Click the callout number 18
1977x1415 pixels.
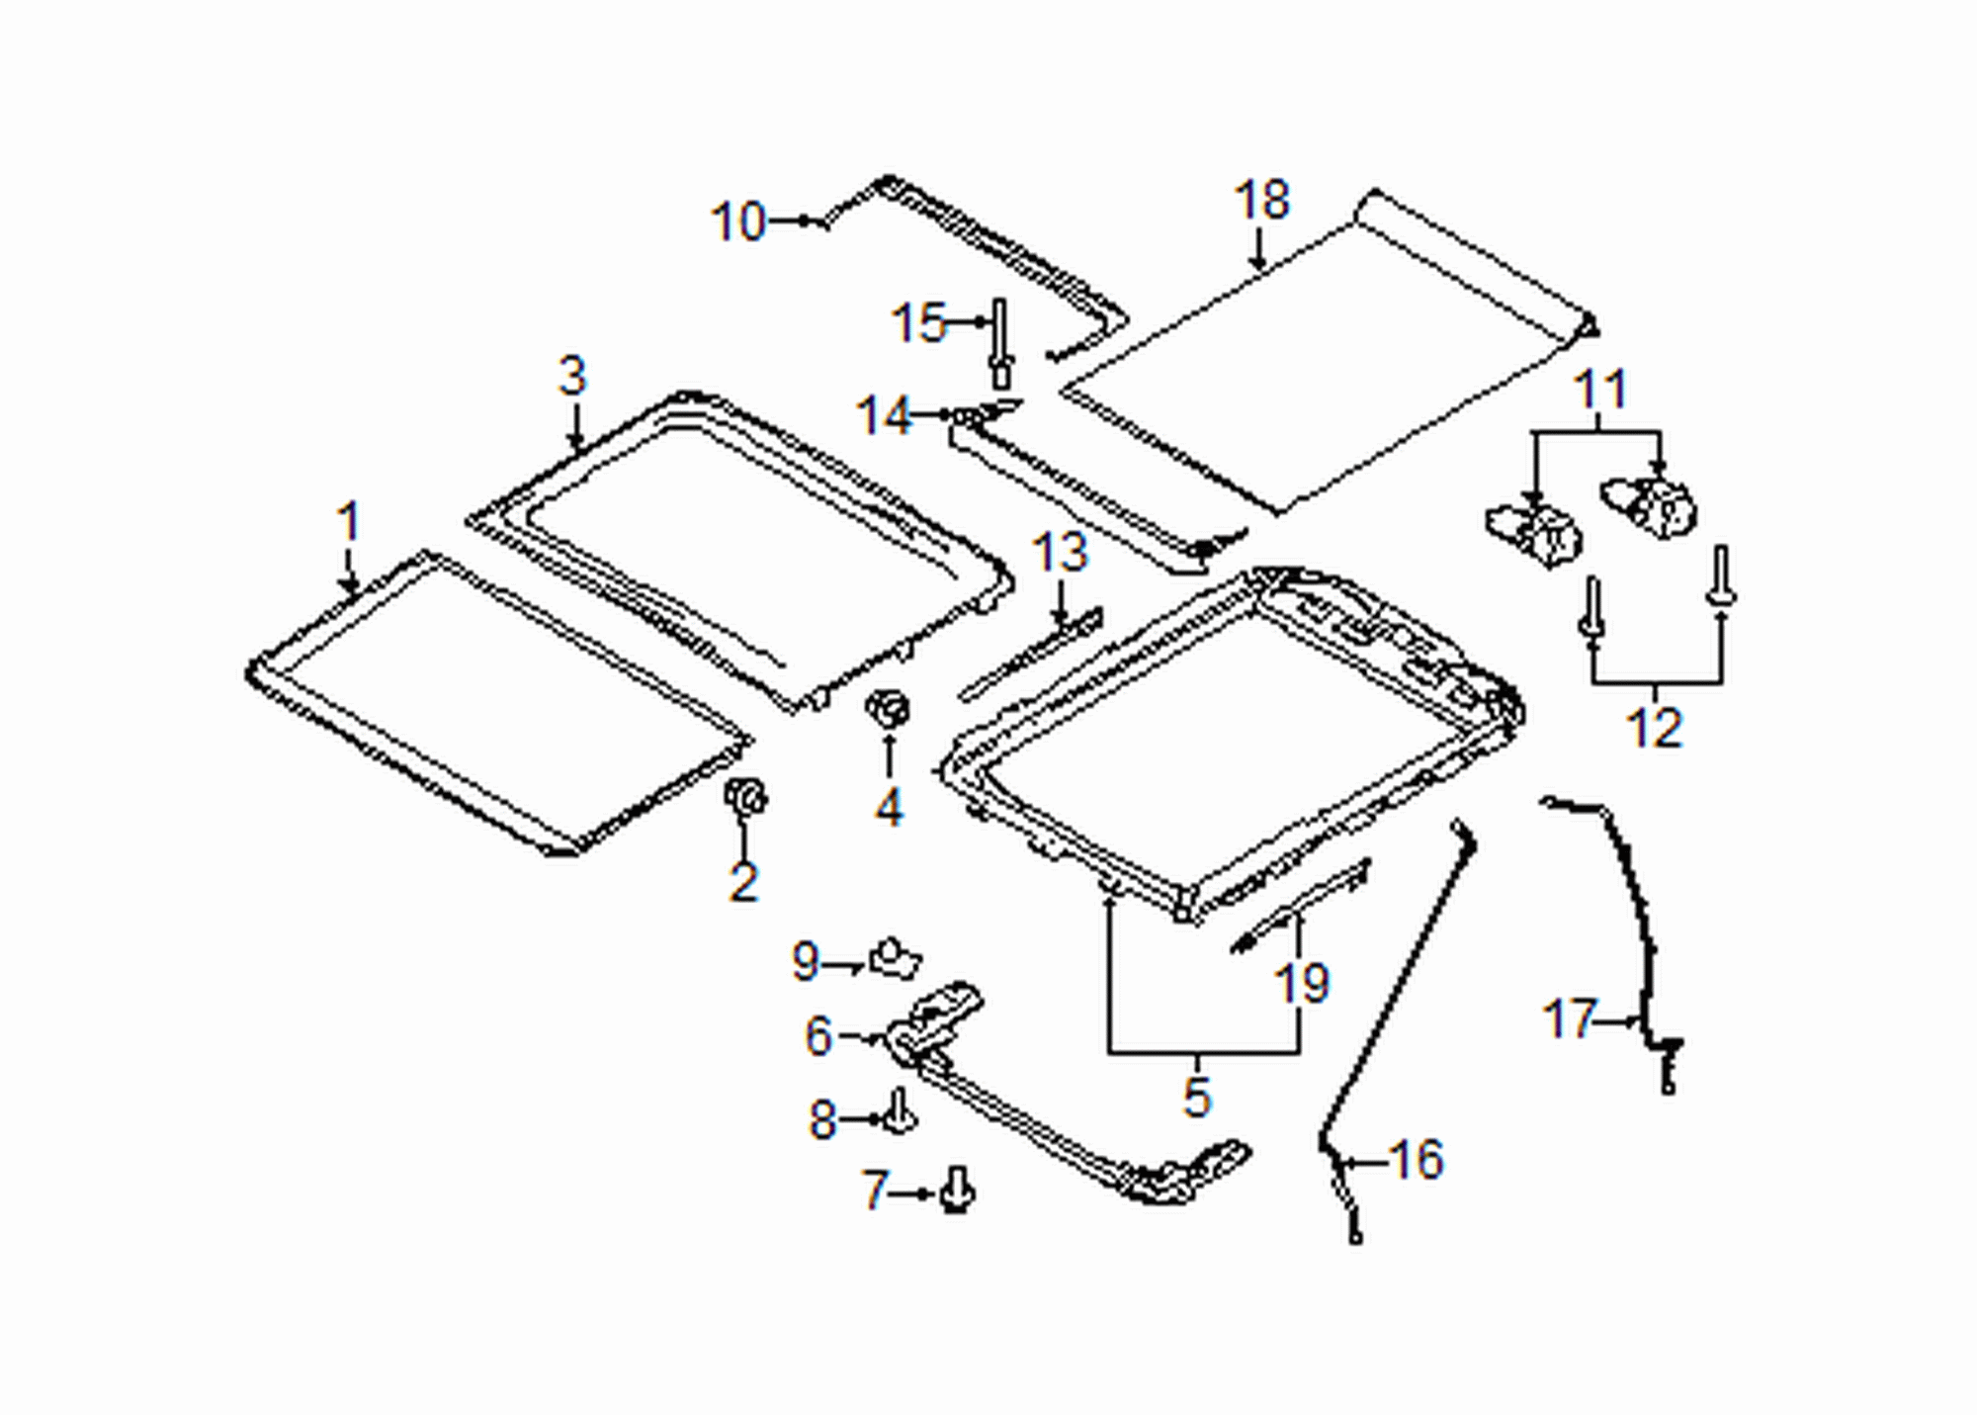[x=1261, y=200]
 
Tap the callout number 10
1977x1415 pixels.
[x=738, y=221]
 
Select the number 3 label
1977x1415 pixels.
[x=572, y=376]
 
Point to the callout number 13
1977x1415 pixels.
[x=1060, y=552]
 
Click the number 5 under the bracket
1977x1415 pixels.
[x=1196, y=1097]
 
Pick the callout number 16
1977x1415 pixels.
[x=1417, y=1159]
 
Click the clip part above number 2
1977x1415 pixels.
[x=745, y=796]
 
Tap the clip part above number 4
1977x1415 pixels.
[x=888, y=709]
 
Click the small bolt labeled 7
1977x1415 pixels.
[x=956, y=1189]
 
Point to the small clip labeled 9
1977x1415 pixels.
[x=896, y=957]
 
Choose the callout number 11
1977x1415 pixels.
[x=1599, y=390]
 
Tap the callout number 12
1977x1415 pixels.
[x=1654, y=728]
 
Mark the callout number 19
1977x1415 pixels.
[x=1302, y=983]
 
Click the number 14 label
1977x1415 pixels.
[x=882, y=415]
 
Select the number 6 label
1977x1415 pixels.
[x=818, y=1036]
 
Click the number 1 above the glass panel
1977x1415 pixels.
[x=347, y=521]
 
